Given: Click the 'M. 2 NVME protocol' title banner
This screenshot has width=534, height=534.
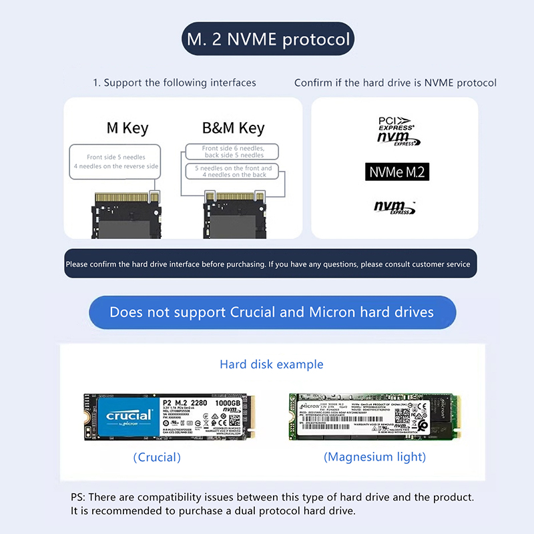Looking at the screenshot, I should pyautogui.click(x=268, y=39).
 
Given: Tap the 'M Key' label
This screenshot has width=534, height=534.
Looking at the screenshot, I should pyautogui.click(x=127, y=128).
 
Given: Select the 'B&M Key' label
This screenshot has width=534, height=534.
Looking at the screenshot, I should pyautogui.click(x=233, y=128).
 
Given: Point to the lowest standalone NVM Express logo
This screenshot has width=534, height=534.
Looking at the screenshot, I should pyautogui.click(x=394, y=208).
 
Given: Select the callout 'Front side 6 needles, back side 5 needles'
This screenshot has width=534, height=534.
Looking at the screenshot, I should pyautogui.click(x=233, y=152).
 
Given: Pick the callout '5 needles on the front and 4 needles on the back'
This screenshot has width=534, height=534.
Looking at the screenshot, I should pyautogui.click(x=232, y=172).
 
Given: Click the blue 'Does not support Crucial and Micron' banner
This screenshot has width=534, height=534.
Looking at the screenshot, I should pyautogui.click(x=272, y=312).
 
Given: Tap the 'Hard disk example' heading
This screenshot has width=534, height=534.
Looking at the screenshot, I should pyautogui.click(x=272, y=364).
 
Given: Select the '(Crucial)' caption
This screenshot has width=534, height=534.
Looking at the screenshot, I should pyautogui.click(x=157, y=457).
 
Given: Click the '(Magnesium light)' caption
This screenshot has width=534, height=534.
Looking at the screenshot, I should pyautogui.click(x=374, y=457).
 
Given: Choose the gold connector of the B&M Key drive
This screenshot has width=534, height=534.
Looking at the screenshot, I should pyautogui.click(x=234, y=198).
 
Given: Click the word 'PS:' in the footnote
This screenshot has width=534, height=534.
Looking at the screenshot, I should pyautogui.click(x=78, y=497).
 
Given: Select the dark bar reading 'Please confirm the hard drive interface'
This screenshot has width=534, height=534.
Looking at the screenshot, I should pyautogui.click(x=270, y=264).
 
